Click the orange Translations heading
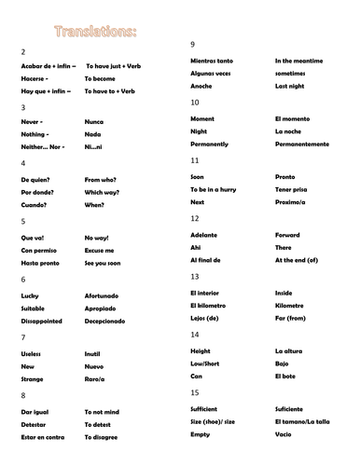(x=96, y=34)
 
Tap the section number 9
(x=192, y=45)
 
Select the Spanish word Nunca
(x=94, y=122)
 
